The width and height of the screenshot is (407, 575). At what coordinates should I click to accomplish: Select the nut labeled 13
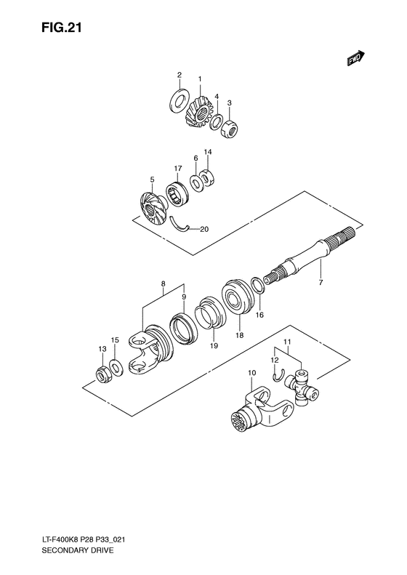click(x=103, y=375)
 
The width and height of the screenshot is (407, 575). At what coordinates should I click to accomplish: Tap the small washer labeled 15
click(x=116, y=364)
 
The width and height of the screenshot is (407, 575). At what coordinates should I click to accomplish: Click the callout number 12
click(x=274, y=359)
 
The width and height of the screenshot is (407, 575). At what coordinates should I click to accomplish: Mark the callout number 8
click(x=163, y=284)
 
